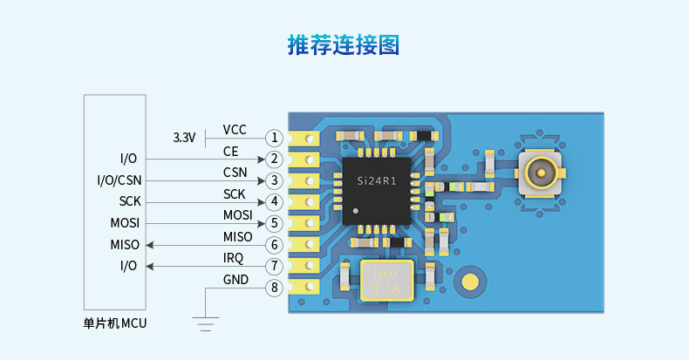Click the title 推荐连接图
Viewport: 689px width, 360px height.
344,44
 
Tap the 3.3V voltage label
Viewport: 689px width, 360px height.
184,138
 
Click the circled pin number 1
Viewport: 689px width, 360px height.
275,138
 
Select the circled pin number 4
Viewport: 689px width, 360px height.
275,202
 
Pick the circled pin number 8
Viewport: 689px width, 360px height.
275,288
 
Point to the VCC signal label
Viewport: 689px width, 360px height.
235,130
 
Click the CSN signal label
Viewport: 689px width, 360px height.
235,173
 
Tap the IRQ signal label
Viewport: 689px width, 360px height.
235,258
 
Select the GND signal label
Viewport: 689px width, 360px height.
235,280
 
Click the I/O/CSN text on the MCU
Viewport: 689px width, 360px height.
119,180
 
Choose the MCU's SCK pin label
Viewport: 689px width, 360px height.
129,202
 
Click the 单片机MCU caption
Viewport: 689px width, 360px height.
115,323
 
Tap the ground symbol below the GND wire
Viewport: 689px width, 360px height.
206,326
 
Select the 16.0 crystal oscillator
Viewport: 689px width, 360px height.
384,279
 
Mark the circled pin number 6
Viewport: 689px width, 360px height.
275,245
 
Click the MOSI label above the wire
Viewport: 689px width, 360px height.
238,215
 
